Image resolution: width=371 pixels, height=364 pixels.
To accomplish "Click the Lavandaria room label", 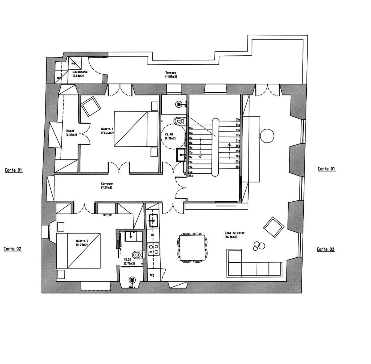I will click(80, 74).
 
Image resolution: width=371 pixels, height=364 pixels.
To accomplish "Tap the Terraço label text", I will click(171, 74).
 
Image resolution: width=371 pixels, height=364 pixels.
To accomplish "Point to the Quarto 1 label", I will click(107, 131).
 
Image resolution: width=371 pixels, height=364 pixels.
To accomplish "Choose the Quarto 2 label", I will click(82, 243).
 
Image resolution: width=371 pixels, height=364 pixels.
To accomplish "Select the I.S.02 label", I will click(129, 261).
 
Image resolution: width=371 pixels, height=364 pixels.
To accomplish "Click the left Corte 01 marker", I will click(14, 170).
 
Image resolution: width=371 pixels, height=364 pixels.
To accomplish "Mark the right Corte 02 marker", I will click(325, 249).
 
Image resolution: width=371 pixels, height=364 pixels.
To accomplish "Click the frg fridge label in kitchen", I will click(152, 275).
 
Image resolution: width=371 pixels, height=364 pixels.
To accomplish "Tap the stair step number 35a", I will click(238, 119).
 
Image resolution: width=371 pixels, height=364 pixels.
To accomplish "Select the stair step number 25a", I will click(191, 176).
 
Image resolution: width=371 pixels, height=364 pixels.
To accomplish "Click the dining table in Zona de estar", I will click(192, 247).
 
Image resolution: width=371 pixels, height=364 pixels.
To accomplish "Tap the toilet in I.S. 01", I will click(178, 121).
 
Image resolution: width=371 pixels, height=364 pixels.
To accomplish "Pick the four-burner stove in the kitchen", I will click(153, 248).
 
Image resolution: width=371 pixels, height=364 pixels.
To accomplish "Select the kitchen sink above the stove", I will click(153, 221).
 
